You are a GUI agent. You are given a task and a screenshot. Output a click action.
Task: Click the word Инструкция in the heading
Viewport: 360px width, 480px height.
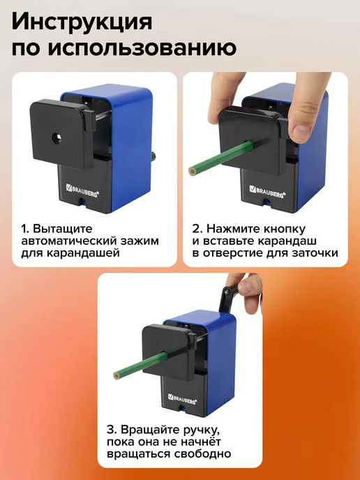82,22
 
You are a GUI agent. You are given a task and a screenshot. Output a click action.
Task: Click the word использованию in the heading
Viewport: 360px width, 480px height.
142,47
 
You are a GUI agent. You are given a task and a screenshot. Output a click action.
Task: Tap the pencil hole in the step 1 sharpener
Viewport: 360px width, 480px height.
57,138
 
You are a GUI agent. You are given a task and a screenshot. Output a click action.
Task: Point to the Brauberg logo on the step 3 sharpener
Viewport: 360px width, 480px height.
183,398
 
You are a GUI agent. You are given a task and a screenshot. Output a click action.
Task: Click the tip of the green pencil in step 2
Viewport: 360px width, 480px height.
193,171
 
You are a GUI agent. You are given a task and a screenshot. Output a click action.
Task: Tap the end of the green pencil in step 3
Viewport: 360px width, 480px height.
116,375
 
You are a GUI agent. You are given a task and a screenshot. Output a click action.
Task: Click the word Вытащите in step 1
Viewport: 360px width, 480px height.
63,229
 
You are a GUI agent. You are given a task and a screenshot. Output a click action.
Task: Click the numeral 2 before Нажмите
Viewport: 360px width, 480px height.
196,229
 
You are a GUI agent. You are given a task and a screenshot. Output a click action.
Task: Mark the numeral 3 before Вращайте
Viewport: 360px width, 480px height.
110,430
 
